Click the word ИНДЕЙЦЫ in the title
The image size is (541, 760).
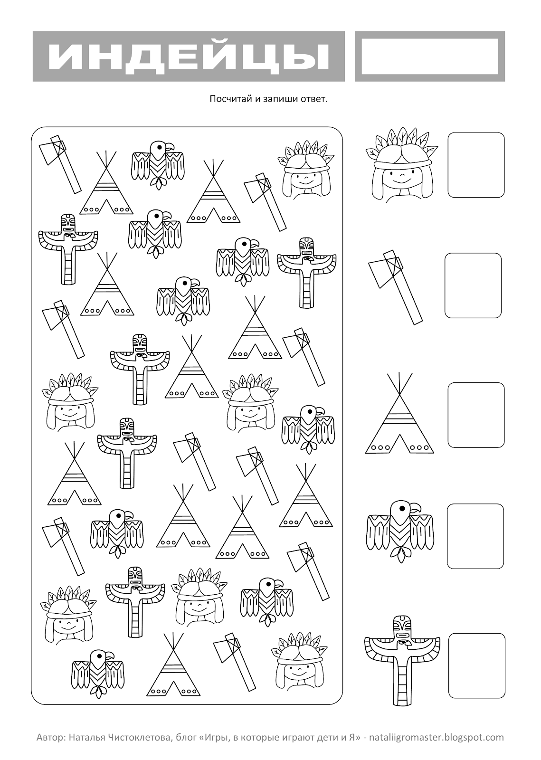pyautogui.click(x=189, y=57)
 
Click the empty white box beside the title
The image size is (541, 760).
pyautogui.click(x=430, y=57)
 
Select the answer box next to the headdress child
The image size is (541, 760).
pyautogui.click(x=476, y=165)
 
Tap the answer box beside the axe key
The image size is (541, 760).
pyautogui.click(x=473, y=285)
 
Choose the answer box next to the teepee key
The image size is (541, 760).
pyautogui.click(x=476, y=415)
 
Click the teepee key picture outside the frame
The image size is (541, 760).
pyautogui.click(x=399, y=413)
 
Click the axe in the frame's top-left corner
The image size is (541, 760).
pyautogui.click(x=60, y=164)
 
